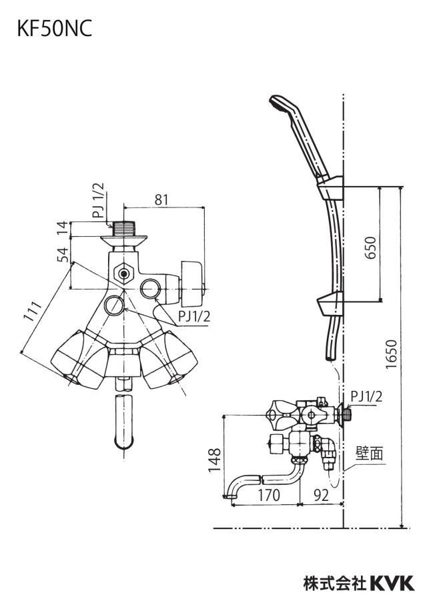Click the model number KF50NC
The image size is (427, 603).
(x=55, y=29)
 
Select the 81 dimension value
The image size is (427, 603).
(x=162, y=199)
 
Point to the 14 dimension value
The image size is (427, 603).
(x=64, y=227)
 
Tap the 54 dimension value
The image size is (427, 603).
(x=64, y=254)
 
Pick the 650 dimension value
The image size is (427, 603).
(x=370, y=247)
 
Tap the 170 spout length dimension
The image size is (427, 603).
(x=268, y=495)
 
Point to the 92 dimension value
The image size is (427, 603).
(x=321, y=495)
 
